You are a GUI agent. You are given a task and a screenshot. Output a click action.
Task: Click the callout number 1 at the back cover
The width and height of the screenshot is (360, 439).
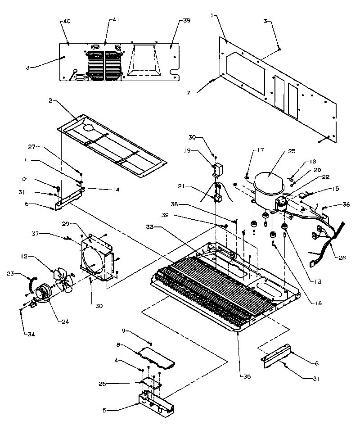[211, 16]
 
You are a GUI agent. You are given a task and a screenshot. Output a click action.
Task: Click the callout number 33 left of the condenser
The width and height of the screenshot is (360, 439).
[150, 226]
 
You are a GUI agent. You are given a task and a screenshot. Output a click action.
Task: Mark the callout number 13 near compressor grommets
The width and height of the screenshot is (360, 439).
[318, 282]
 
